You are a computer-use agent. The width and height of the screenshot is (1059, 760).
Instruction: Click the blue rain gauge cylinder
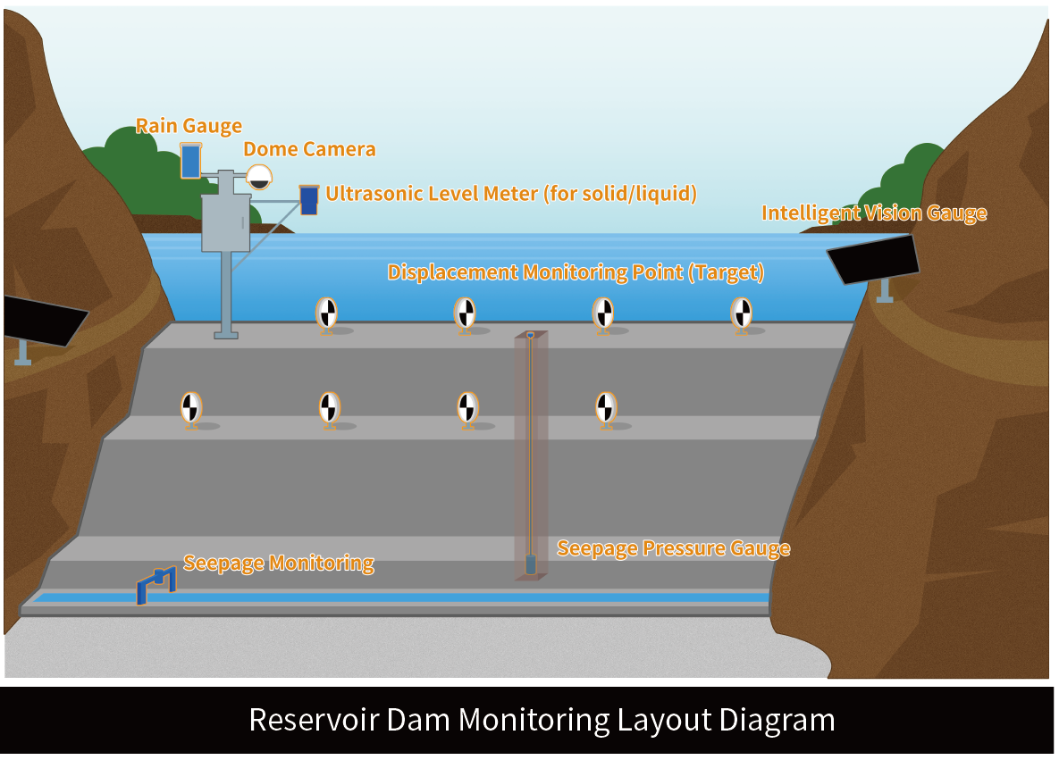point(190,161)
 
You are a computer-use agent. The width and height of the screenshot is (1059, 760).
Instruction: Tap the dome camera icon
point(259,176)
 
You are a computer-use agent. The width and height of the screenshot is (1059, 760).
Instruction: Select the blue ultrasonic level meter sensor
point(309,199)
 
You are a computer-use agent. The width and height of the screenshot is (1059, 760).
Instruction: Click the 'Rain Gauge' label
point(189,126)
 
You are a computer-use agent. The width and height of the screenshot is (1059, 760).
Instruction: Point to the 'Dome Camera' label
point(309,149)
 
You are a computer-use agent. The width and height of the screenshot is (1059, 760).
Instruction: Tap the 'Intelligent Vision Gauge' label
point(873,213)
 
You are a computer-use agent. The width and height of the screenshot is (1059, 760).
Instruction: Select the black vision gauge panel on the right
point(873,258)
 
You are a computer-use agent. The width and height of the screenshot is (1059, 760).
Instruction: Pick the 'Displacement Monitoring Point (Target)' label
point(576,272)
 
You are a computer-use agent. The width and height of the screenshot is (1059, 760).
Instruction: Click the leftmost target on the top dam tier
point(327,313)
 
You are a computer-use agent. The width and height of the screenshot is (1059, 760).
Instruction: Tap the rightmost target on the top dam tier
point(741,313)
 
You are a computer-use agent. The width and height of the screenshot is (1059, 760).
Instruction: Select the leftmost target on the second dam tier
point(190,407)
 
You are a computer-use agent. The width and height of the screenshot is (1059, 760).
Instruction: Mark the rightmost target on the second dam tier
point(606,407)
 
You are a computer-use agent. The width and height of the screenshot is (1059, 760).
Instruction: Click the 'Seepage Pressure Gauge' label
point(673,547)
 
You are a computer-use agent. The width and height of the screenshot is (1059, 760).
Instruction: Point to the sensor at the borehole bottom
point(530,564)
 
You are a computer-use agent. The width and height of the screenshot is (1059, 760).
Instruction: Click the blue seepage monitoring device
point(155,585)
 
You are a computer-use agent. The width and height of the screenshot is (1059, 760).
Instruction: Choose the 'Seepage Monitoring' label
point(278,563)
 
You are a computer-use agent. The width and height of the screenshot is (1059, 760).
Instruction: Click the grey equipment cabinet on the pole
point(225,222)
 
